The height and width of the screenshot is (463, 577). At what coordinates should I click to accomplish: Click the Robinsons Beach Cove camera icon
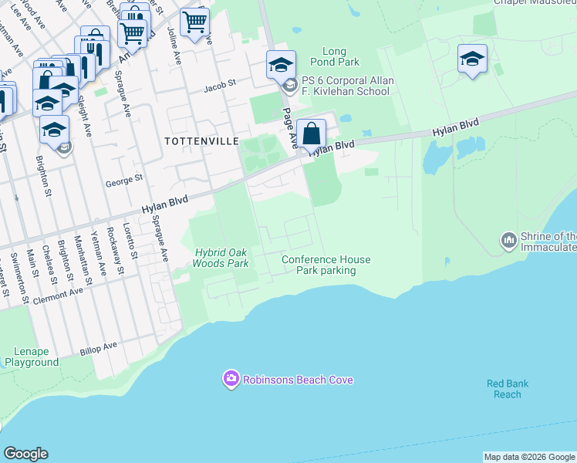pyautogui.click(x=231, y=379)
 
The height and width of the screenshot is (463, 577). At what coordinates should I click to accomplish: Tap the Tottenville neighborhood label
pyautogui.click(x=192, y=140)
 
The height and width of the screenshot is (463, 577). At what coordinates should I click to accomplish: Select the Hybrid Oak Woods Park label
pyautogui.click(x=221, y=258)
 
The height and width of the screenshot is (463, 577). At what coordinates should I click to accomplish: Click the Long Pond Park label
pyautogui.click(x=340, y=56)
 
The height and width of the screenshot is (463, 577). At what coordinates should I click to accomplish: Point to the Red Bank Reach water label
pyautogui.click(x=508, y=389)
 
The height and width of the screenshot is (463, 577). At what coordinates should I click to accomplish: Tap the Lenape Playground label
pyautogui.click(x=32, y=356)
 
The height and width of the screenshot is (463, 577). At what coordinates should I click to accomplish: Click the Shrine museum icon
pyautogui.click(x=508, y=242)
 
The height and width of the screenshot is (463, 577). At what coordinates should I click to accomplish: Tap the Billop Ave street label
pyautogui.click(x=98, y=349)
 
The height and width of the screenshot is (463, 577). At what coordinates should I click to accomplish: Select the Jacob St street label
pyautogui.click(x=219, y=87)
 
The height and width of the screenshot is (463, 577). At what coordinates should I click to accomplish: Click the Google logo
pyautogui.click(x=25, y=454)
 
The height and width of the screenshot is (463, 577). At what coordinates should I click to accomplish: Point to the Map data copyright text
pyautogui.click(x=529, y=457)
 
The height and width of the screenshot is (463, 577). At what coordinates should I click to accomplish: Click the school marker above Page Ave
pyautogui.click(x=281, y=64)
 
